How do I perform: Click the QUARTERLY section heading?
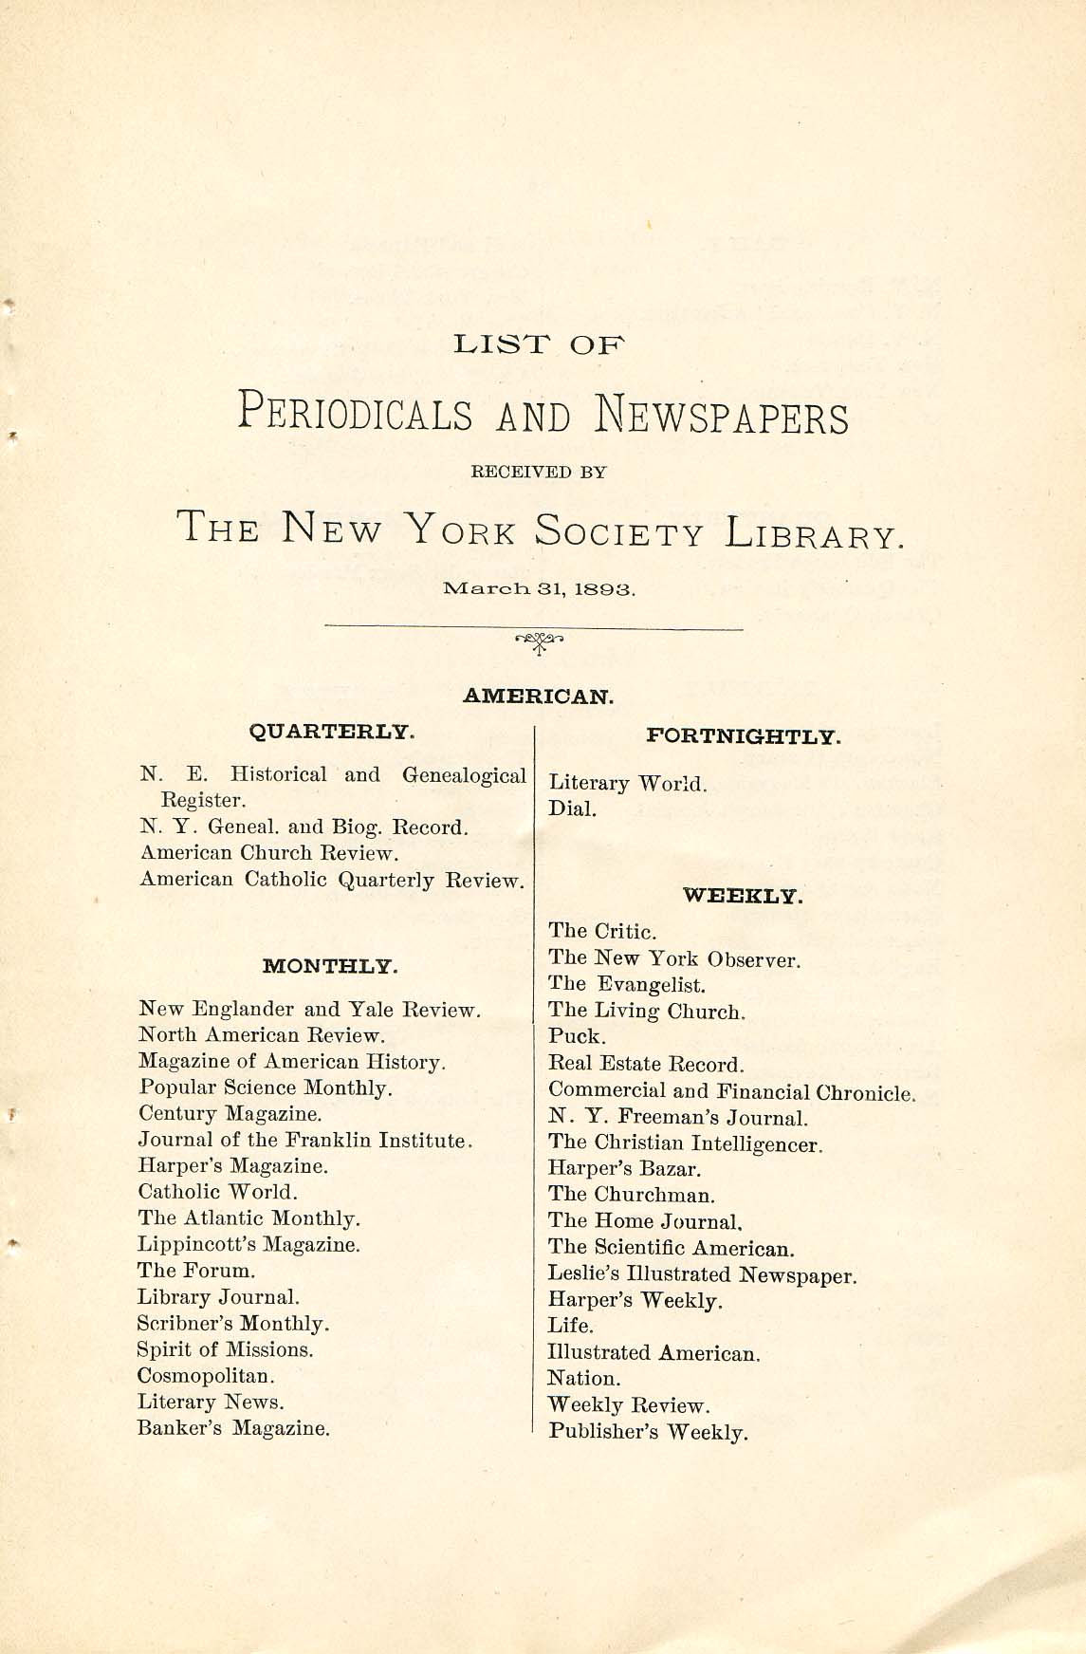331,732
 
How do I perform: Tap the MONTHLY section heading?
329,967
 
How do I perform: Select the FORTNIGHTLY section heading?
743,736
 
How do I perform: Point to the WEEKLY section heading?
743,895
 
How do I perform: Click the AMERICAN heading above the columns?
539,696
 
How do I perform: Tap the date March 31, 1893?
539,588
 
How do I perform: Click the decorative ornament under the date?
539,642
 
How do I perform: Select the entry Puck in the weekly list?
577,1037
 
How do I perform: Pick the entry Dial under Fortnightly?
572,809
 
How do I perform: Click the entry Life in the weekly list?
570,1326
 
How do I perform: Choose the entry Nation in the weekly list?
583,1379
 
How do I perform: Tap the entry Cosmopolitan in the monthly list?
207,1376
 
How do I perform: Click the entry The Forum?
196,1271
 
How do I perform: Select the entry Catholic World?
218,1192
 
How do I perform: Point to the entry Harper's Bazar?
624,1170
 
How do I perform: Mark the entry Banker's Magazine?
233,1428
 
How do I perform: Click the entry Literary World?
628,784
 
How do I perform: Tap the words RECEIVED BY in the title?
539,472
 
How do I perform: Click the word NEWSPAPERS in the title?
722,417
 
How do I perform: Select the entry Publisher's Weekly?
648,1432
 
